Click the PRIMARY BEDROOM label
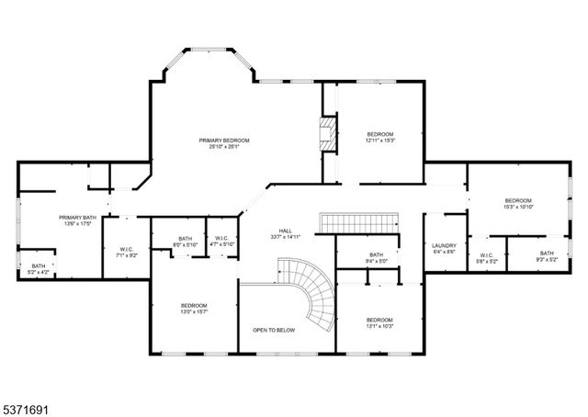pos(224,141)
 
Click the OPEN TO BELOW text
pos(274,329)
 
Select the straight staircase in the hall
pos(359,221)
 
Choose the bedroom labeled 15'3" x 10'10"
pos(518,203)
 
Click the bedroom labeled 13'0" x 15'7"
pos(193,309)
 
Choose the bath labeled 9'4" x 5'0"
pos(376,257)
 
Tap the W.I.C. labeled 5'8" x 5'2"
pos(486,257)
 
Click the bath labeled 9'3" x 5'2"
pos(547,256)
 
